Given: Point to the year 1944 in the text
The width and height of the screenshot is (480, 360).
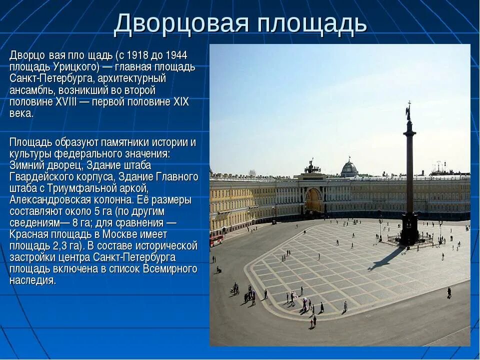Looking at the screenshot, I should pyautogui.click(x=176, y=55).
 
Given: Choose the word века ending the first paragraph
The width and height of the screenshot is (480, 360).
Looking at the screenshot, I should pyautogui.click(x=21, y=113).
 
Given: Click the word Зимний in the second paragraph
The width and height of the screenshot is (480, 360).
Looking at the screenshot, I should pyautogui.click(x=26, y=165).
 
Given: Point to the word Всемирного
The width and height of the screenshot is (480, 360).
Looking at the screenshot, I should pyautogui.click(x=170, y=269).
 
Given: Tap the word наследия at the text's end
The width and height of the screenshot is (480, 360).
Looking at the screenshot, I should pyautogui.click(x=32, y=280).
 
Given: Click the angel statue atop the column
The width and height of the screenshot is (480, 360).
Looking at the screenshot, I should pyautogui.click(x=408, y=110).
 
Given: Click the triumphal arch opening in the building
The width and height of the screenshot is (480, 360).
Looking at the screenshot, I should pyautogui.click(x=314, y=201).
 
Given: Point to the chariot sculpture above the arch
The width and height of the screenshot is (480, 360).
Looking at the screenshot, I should pyautogui.click(x=312, y=166).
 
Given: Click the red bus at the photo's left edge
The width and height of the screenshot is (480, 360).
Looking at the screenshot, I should pyautogui.click(x=216, y=240).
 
